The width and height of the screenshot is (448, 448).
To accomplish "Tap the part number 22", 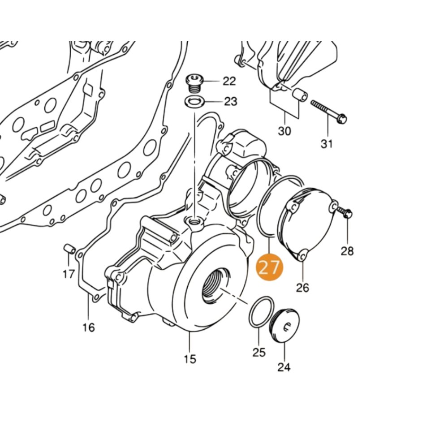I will click(229, 81).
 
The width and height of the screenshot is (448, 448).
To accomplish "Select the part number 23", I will click(230, 102).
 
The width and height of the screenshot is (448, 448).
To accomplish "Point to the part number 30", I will click(284, 131).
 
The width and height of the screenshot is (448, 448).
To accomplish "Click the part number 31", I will click(327, 144).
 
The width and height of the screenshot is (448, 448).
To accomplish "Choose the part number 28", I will click(347, 250).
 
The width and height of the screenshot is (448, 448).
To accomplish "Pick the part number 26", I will click(302, 287).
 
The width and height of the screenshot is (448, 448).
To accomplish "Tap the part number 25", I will click(259, 352).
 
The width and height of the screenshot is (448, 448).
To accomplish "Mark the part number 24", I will click(284, 367).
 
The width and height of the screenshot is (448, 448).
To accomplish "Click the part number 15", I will click(190, 359).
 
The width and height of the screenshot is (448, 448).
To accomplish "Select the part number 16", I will click(89, 327).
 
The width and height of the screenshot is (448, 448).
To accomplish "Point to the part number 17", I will click(69, 273).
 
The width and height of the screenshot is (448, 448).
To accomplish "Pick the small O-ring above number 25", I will click(260, 311).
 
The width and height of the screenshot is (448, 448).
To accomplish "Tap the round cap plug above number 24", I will click(286, 324).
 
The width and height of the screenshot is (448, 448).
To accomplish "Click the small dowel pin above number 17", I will click(69, 248).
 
